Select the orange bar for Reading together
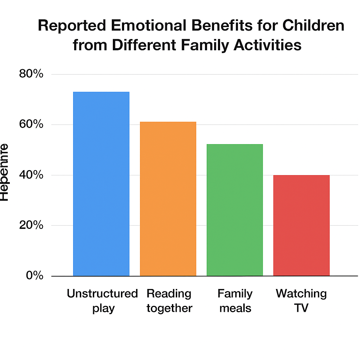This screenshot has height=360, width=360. tap(168, 199)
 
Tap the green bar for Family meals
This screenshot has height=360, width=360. tap(234, 210)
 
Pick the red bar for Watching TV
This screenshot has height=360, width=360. tap(301, 225)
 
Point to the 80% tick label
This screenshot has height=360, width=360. tap(31, 74)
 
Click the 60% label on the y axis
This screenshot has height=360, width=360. tap(31, 124)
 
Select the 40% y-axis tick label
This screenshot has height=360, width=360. tap(31, 175)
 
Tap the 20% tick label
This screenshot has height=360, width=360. tap(31, 225)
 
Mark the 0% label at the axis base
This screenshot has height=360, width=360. tap(34, 275)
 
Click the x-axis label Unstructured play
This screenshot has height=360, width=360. tap(102, 301)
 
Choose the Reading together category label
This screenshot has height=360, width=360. tap(169, 301)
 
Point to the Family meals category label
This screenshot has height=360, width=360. tap(235, 301)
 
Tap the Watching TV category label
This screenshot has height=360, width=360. tap(301, 301)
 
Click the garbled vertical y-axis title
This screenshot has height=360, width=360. tap(4, 172)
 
